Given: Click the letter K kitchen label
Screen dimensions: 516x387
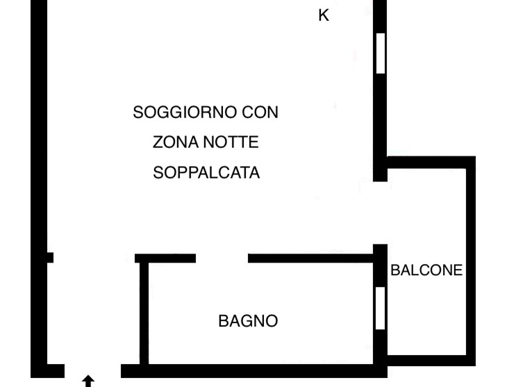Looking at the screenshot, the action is (324, 15).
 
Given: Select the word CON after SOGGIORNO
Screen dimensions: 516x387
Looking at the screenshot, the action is (260, 113).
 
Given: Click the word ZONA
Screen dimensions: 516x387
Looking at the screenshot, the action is (176, 142).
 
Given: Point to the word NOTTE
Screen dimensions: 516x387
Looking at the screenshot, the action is (231, 142).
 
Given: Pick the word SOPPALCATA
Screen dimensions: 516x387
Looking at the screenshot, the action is (206, 172).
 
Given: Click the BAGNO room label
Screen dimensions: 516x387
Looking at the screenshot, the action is (248, 321).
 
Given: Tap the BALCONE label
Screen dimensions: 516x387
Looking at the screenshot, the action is (426, 270).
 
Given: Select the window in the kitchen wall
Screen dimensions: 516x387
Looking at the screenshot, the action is (381, 53).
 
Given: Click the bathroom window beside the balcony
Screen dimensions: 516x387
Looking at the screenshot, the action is (380, 308).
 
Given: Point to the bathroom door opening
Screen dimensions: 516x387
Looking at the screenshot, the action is (222, 258).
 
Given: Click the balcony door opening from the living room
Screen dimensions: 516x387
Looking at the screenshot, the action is (381, 213).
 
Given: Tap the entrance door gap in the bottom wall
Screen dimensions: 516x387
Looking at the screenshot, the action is (93, 371).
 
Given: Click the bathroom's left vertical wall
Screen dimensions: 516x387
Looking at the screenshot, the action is (144, 313).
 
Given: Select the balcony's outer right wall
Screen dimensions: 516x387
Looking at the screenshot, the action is (471, 261).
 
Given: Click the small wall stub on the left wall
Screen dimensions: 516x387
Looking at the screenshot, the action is (50, 258).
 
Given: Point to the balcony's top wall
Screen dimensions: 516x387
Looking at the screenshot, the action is (431, 163).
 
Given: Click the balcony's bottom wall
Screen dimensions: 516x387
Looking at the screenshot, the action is (431, 361).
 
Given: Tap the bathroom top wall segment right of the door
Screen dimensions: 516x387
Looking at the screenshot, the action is (310, 258).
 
